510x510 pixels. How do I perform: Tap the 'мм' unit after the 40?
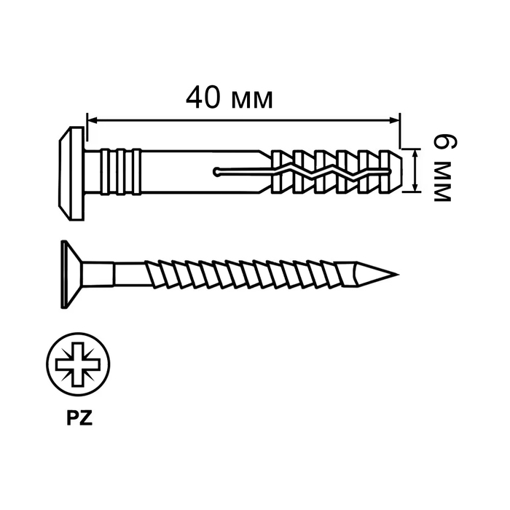point(252,101)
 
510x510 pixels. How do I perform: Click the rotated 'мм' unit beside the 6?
point(442,182)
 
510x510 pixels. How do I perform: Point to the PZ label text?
point(79,418)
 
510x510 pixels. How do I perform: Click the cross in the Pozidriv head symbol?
point(78,364)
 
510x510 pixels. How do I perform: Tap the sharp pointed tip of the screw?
point(398,275)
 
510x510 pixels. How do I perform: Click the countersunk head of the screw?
point(71,274)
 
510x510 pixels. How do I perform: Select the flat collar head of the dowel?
point(71,173)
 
